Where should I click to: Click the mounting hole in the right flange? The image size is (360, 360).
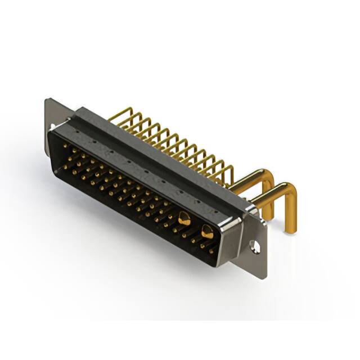pyautogui.click(x=256, y=246)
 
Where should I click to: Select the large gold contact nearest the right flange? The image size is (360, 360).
pyautogui.click(x=206, y=230)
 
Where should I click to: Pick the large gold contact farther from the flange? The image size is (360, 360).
pyautogui.click(x=183, y=218)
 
